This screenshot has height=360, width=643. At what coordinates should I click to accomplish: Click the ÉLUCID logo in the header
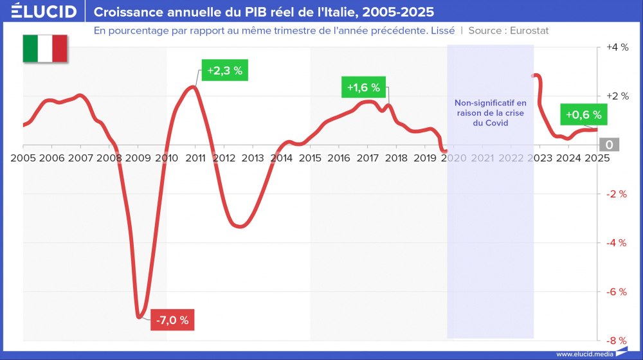[40, 12]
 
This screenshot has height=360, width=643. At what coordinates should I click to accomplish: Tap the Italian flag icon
[45, 49]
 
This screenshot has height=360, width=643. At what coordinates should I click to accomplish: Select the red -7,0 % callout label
[172, 320]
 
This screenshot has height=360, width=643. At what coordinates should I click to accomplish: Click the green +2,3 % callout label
[224, 71]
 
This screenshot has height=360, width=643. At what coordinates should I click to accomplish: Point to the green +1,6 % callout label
[363, 87]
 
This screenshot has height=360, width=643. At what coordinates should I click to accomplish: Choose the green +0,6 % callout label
[583, 115]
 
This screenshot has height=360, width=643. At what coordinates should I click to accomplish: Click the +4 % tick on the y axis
[617, 48]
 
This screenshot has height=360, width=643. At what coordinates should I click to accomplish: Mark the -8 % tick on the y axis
[617, 341]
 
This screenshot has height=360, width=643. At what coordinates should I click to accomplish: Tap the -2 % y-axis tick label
[617, 194]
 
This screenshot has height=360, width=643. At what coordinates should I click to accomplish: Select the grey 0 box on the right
[609, 145]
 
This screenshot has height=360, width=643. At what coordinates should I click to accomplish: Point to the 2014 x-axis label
[281, 157]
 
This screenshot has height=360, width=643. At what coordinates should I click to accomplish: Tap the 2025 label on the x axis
[597, 157]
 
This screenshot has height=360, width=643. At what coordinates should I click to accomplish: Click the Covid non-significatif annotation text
[490, 113]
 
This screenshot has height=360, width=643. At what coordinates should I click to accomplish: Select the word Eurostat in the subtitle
[529, 30]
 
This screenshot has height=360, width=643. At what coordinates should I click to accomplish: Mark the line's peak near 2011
[193, 86]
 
